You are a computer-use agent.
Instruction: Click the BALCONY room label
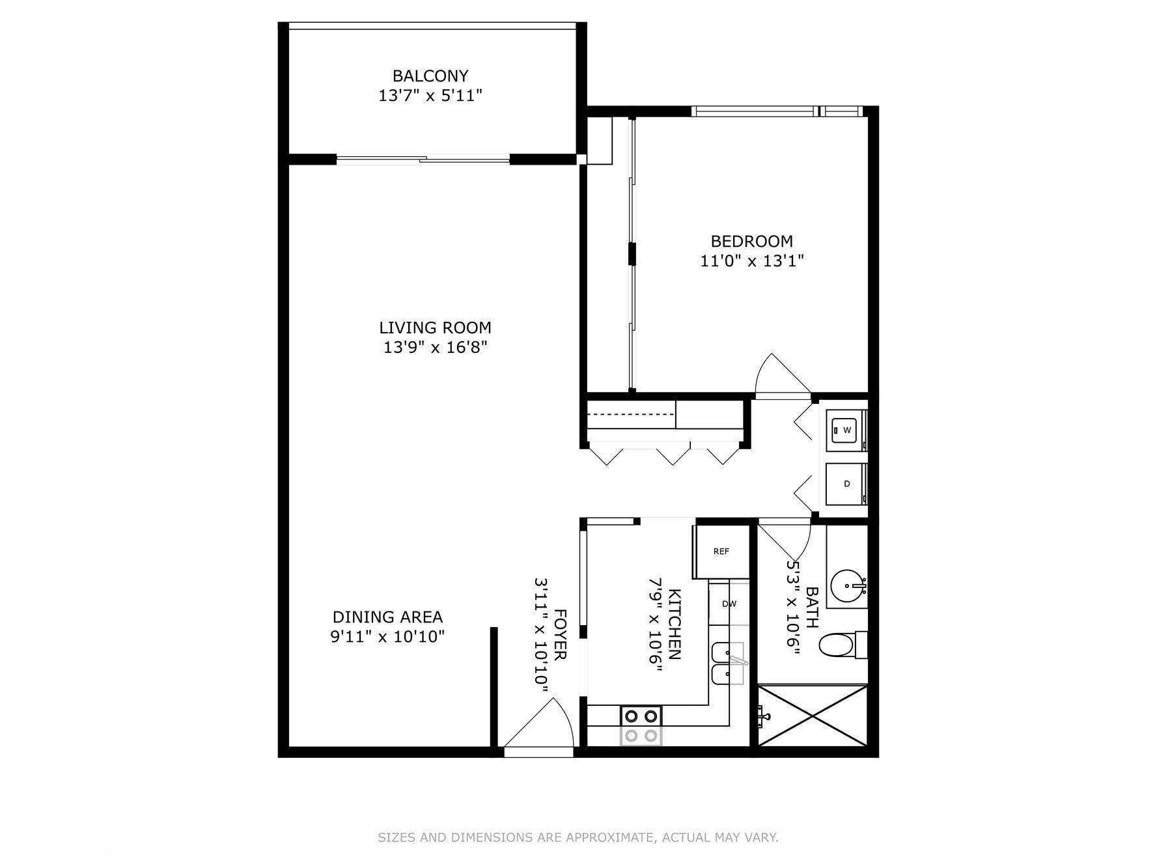430,76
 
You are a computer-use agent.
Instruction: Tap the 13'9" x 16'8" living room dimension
435,347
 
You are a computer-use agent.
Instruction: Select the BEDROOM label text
751,242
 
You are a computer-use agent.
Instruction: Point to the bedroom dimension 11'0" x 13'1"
751,261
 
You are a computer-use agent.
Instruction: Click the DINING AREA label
387,617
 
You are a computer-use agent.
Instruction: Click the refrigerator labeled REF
720,552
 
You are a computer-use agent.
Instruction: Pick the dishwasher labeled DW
729,604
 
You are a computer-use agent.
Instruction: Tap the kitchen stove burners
641,725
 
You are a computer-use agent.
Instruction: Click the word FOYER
560,635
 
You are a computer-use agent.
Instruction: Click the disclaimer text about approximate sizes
578,837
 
